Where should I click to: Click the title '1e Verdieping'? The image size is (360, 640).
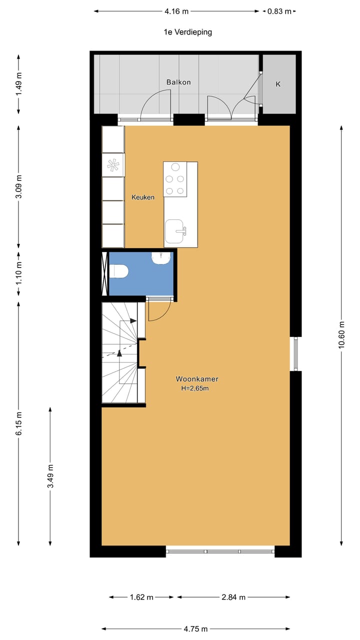(188, 32)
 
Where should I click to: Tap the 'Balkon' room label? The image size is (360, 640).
(178, 82)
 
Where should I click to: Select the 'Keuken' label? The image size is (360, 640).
(142, 197)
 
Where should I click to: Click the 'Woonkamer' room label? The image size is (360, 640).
(196, 379)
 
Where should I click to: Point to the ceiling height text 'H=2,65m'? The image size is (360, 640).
(195, 388)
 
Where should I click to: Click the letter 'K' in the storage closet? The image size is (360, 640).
(278, 84)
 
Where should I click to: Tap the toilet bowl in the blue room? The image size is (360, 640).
(119, 271)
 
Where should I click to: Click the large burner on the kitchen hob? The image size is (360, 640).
(175, 167)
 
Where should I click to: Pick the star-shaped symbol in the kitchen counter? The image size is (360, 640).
(113, 164)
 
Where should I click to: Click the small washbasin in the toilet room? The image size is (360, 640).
(161, 257)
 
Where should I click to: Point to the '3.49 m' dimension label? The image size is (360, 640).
(50, 476)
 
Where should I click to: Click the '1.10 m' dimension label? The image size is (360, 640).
(19, 274)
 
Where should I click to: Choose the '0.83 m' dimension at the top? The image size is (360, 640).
(279, 11)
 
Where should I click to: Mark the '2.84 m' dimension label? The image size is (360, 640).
(233, 597)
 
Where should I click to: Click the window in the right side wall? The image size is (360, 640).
(295, 353)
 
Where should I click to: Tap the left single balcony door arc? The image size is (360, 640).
(156, 106)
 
